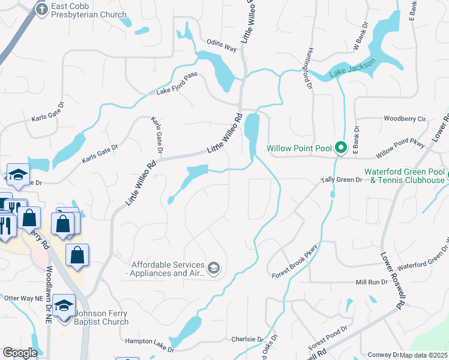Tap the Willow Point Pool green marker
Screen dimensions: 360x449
[341, 147]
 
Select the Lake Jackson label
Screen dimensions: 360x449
[353, 68]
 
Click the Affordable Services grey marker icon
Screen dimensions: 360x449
[214, 268]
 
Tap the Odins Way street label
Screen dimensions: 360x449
[222, 42]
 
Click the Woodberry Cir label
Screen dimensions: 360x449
[405, 119]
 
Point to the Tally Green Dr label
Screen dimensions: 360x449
[342, 179]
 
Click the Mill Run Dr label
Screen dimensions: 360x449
[372, 281]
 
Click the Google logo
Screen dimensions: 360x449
[20, 353]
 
